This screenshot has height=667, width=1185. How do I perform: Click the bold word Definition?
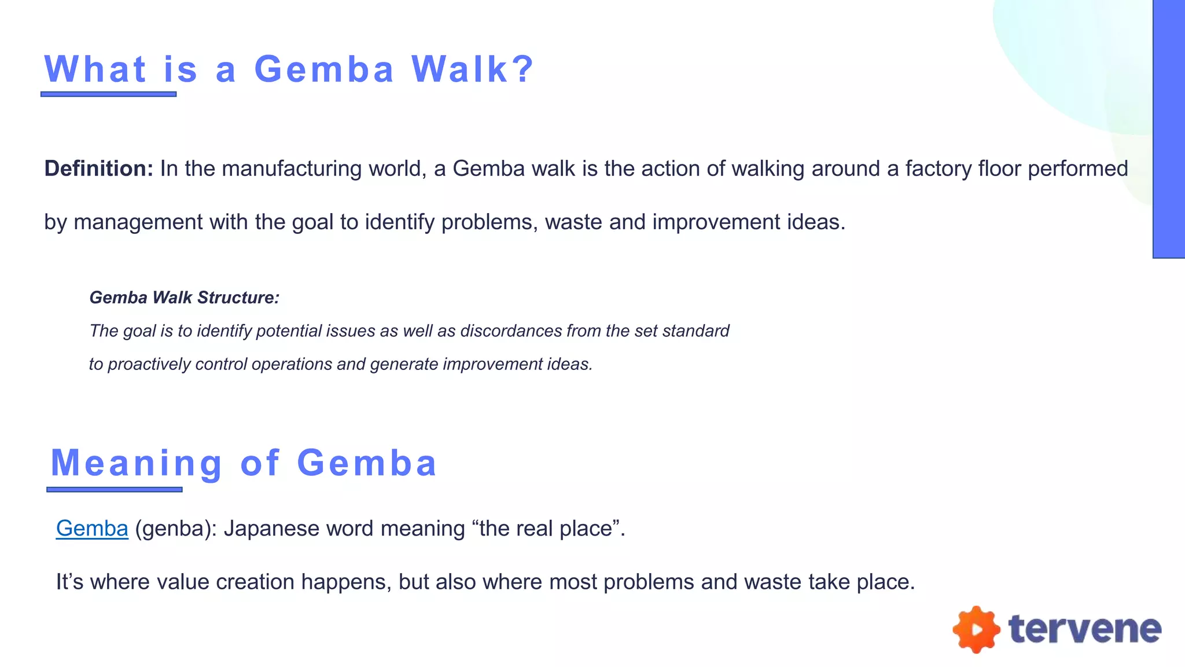(x=98, y=169)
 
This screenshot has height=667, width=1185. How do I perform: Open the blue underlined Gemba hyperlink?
(x=92, y=529)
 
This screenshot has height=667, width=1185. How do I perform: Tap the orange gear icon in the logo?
(x=976, y=629)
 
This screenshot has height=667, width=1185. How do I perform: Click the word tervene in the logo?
(x=1085, y=629)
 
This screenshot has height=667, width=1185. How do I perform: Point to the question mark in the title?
(x=523, y=69)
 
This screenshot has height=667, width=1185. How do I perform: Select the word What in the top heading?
(x=95, y=69)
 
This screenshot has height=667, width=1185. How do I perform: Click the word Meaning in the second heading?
(x=137, y=463)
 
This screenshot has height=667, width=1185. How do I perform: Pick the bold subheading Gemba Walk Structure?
(x=185, y=298)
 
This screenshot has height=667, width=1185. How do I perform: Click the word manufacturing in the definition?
(x=292, y=169)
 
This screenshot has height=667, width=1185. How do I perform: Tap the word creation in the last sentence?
(x=255, y=582)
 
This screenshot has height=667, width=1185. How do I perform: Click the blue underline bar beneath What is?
(x=109, y=94)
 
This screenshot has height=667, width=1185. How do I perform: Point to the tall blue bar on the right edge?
(x=1169, y=129)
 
